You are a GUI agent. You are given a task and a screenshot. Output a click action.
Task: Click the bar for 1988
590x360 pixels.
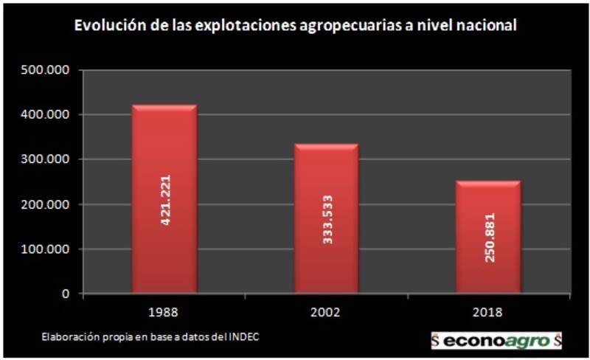[164, 199]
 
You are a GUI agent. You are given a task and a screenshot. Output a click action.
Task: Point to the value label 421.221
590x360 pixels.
[165, 200]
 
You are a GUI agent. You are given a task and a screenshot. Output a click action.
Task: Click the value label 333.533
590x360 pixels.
[327, 219]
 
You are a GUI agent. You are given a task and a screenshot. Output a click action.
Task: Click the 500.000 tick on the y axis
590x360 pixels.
[46, 70]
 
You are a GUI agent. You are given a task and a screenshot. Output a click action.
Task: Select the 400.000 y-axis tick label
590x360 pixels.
[46, 115]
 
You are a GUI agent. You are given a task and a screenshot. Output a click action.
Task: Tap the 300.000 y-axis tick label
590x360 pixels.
[46, 159]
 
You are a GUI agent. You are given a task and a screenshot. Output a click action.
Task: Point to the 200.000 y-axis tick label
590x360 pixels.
[46, 204]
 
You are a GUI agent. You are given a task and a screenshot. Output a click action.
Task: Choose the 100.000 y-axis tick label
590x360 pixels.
[46, 249]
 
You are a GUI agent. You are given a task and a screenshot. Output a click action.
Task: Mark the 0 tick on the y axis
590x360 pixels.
[66, 294]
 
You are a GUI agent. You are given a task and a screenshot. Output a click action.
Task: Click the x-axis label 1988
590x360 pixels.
[164, 312]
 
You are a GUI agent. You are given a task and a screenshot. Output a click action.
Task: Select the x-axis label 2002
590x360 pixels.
[326, 312]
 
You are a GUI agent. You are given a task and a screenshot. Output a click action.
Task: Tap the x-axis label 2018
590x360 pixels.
[487, 312]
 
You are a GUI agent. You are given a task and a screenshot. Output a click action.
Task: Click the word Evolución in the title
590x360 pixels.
[104, 26]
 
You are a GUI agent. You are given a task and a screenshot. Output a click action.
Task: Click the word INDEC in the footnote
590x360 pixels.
[243, 337]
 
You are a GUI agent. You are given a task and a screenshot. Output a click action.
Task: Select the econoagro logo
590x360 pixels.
[496, 341]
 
